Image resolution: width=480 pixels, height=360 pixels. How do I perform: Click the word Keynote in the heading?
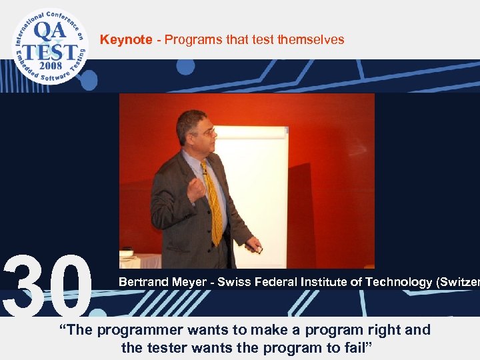pyautogui.click(x=126, y=40)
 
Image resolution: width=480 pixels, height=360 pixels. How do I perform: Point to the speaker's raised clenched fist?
pyautogui.click(x=197, y=189)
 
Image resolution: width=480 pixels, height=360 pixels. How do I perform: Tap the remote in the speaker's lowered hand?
pyautogui.click(x=257, y=248)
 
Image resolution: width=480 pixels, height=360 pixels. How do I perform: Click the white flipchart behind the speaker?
pyautogui.click(x=257, y=187)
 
